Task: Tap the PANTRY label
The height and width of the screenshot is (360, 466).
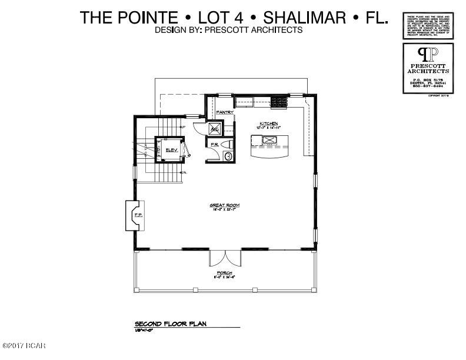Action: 225,112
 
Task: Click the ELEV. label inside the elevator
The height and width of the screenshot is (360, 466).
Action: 171,151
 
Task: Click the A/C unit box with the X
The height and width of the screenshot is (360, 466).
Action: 215,128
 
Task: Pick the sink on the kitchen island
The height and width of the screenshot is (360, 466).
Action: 270,140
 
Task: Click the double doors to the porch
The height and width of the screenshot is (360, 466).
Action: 225,257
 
